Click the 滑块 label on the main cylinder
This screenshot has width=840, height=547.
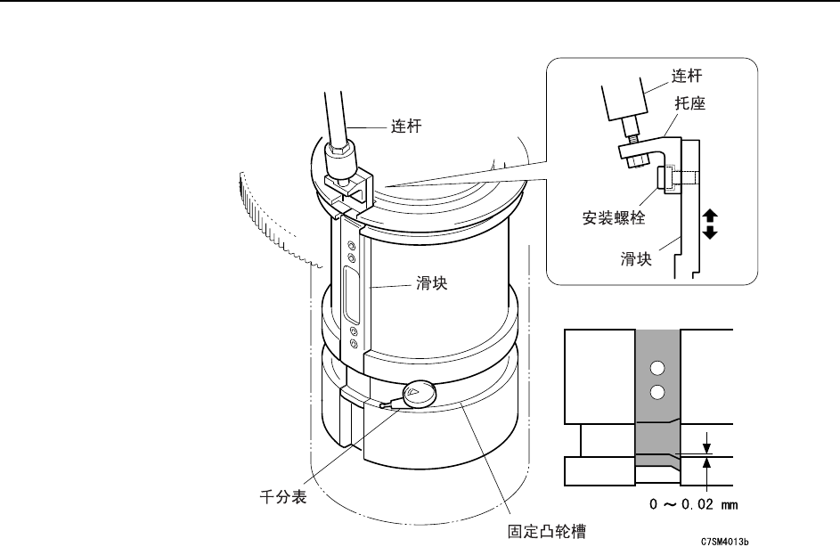tap(431, 284)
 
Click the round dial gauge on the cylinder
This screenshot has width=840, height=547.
tap(418, 394)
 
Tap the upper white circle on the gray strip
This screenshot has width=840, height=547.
tap(657, 367)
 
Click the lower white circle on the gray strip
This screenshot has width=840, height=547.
tap(657, 393)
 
